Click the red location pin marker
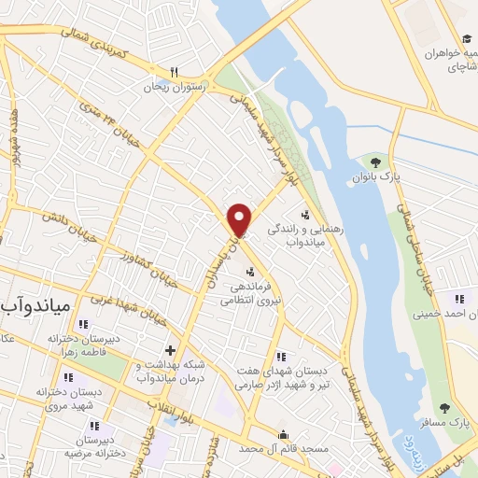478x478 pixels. tap(240, 220)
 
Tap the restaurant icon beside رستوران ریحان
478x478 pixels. tap(174, 72)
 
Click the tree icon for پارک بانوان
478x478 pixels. tap(377, 162)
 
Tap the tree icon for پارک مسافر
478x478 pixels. tap(443, 407)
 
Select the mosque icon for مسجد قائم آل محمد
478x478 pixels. tap(283, 434)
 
